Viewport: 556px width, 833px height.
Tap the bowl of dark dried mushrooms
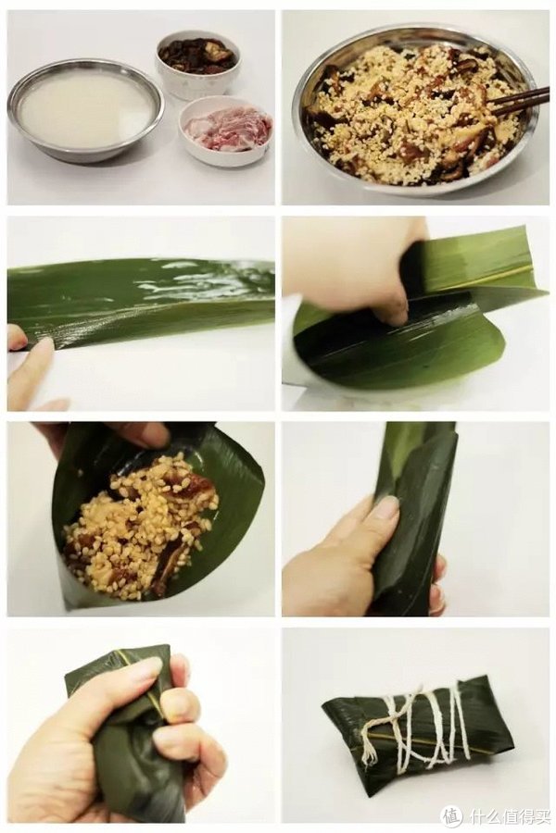[197, 56]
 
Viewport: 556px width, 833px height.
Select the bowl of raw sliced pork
[226, 130]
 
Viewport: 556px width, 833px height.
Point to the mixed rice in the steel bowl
[408, 116]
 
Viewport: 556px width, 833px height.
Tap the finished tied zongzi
[417, 736]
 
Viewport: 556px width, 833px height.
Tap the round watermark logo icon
[451, 815]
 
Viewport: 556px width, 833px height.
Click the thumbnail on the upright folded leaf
[386, 507]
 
